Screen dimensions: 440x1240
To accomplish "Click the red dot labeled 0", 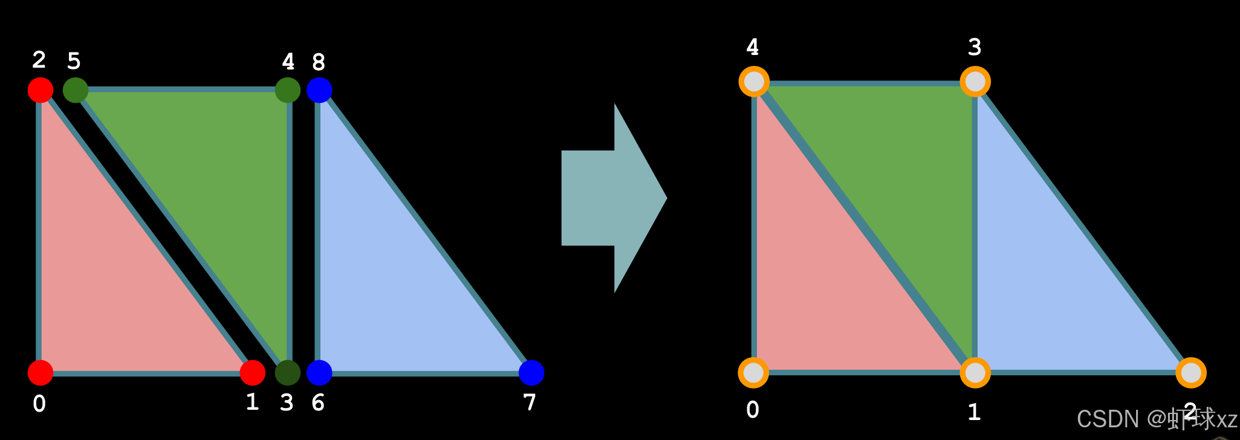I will click(41, 373).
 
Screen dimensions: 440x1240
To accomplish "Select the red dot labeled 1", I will click(253, 373).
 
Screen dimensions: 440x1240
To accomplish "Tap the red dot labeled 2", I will click(41, 90).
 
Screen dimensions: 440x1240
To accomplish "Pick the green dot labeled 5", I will click(76, 90).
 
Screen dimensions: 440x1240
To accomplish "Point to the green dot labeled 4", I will click(288, 90).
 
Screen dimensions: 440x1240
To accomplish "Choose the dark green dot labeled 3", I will click(288, 373).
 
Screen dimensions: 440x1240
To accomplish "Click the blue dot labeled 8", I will click(319, 90).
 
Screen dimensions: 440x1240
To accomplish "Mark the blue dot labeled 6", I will click(319, 373).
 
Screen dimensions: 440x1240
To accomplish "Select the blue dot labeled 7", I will click(531, 373).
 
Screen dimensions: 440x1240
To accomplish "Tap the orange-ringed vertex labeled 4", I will click(754, 82).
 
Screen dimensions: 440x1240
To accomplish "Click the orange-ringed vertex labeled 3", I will click(975, 82).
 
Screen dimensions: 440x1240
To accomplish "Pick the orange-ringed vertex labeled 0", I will click(753, 373).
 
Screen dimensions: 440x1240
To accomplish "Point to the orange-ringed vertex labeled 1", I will click(975, 373).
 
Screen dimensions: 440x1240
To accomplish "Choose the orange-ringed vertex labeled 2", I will click(1191, 373).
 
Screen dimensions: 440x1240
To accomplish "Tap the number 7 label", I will click(530, 403).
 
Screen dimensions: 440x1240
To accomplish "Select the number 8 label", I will click(319, 62).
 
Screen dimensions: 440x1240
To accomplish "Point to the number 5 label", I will click(74, 61).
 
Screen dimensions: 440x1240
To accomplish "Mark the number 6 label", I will click(318, 403).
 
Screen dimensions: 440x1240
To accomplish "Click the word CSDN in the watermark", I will click(1108, 419).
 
